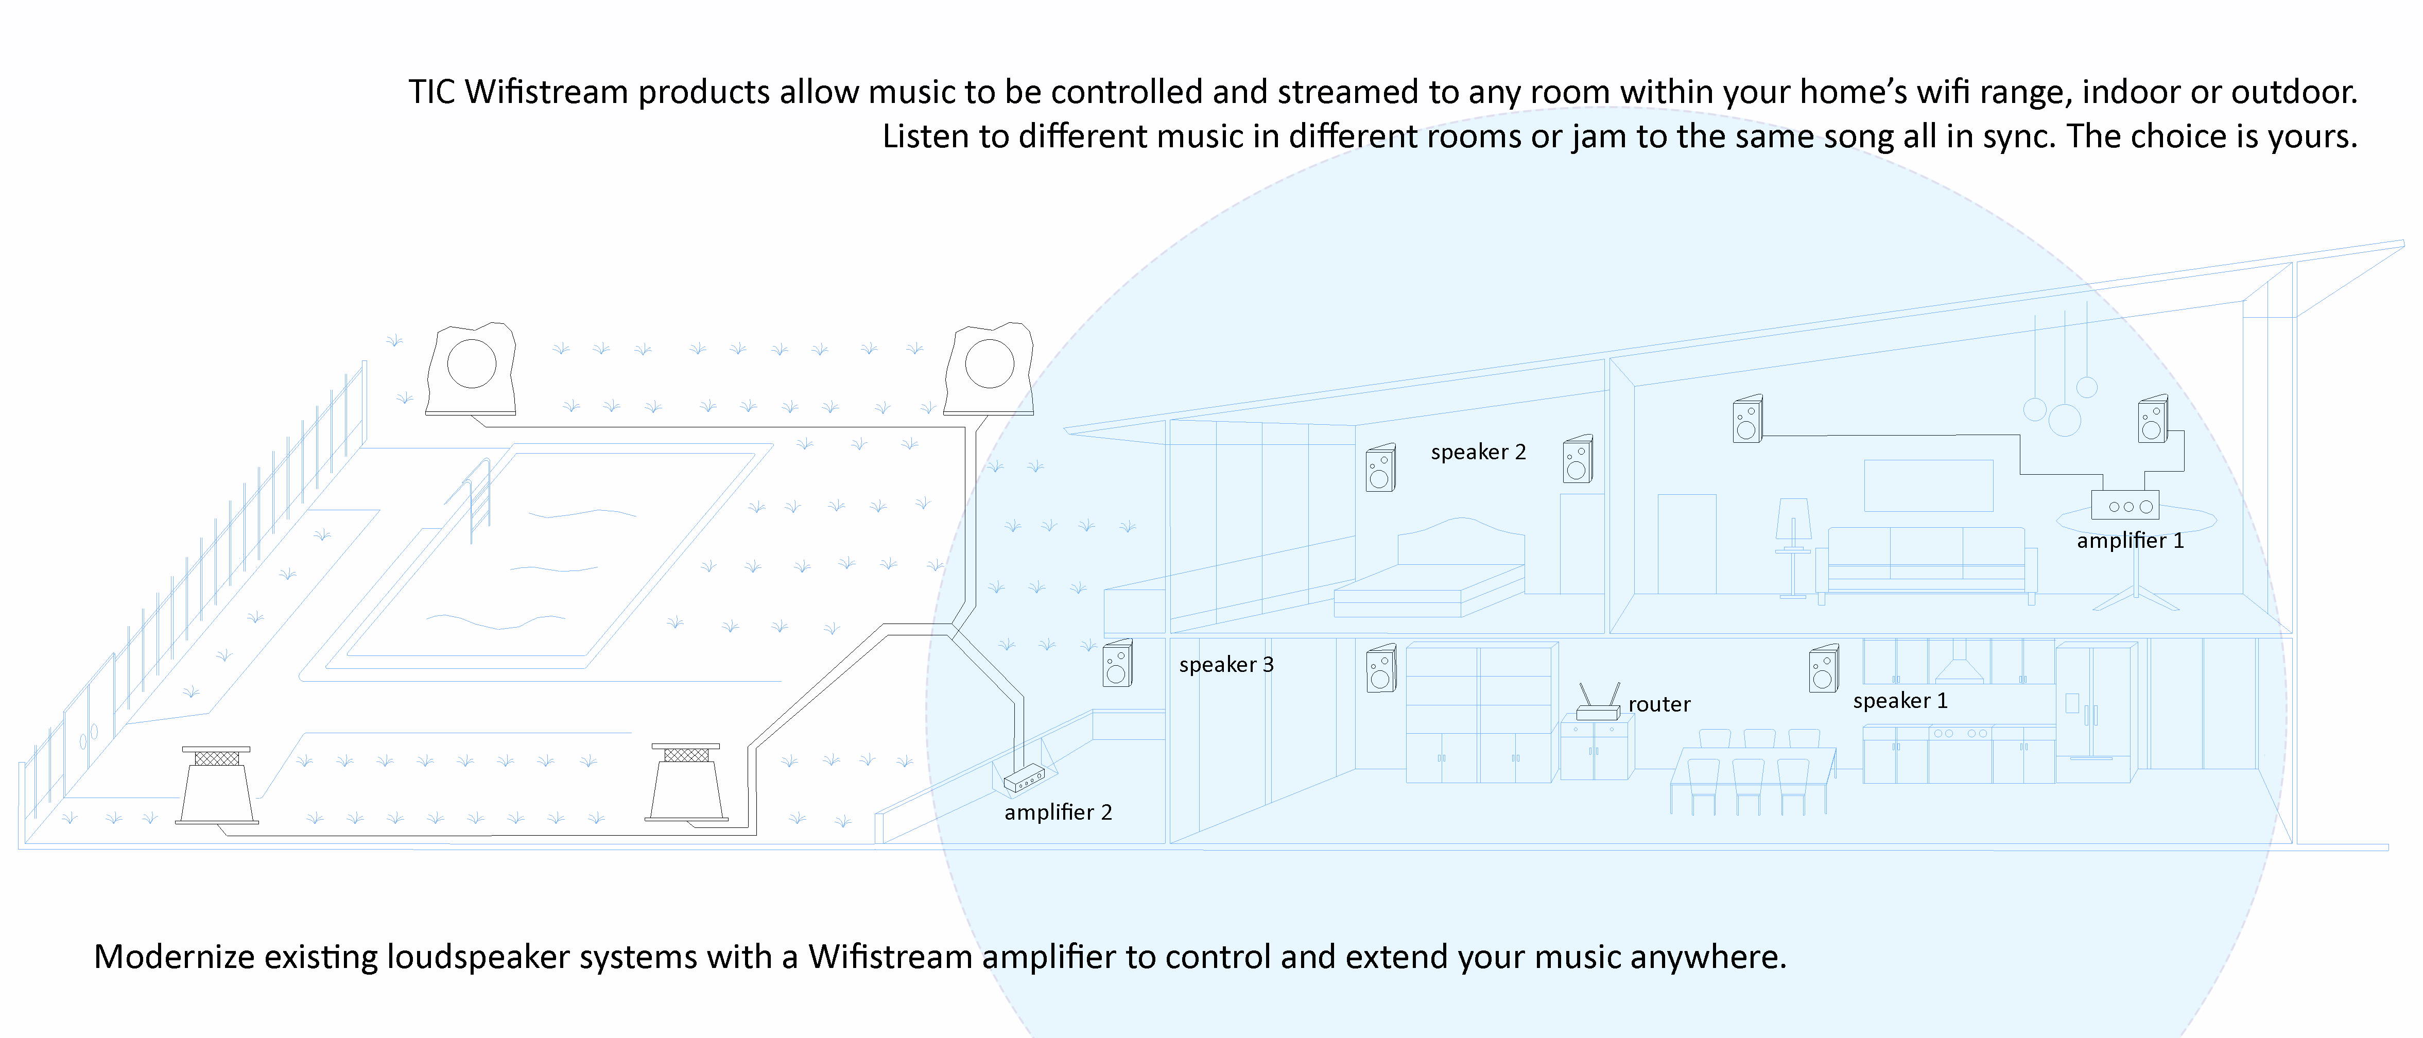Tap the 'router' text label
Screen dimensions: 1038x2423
tap(1659, 704)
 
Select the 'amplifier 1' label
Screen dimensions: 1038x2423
tap(2130, 541)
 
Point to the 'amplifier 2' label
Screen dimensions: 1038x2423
tap(1058, 812)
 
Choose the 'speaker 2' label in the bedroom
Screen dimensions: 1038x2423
tap(1478, 452)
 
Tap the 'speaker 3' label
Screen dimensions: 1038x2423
tap(1225, 665)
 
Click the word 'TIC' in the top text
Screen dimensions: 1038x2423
tap(432, 92)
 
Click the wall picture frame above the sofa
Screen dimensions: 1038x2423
tap(1928, 485)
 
